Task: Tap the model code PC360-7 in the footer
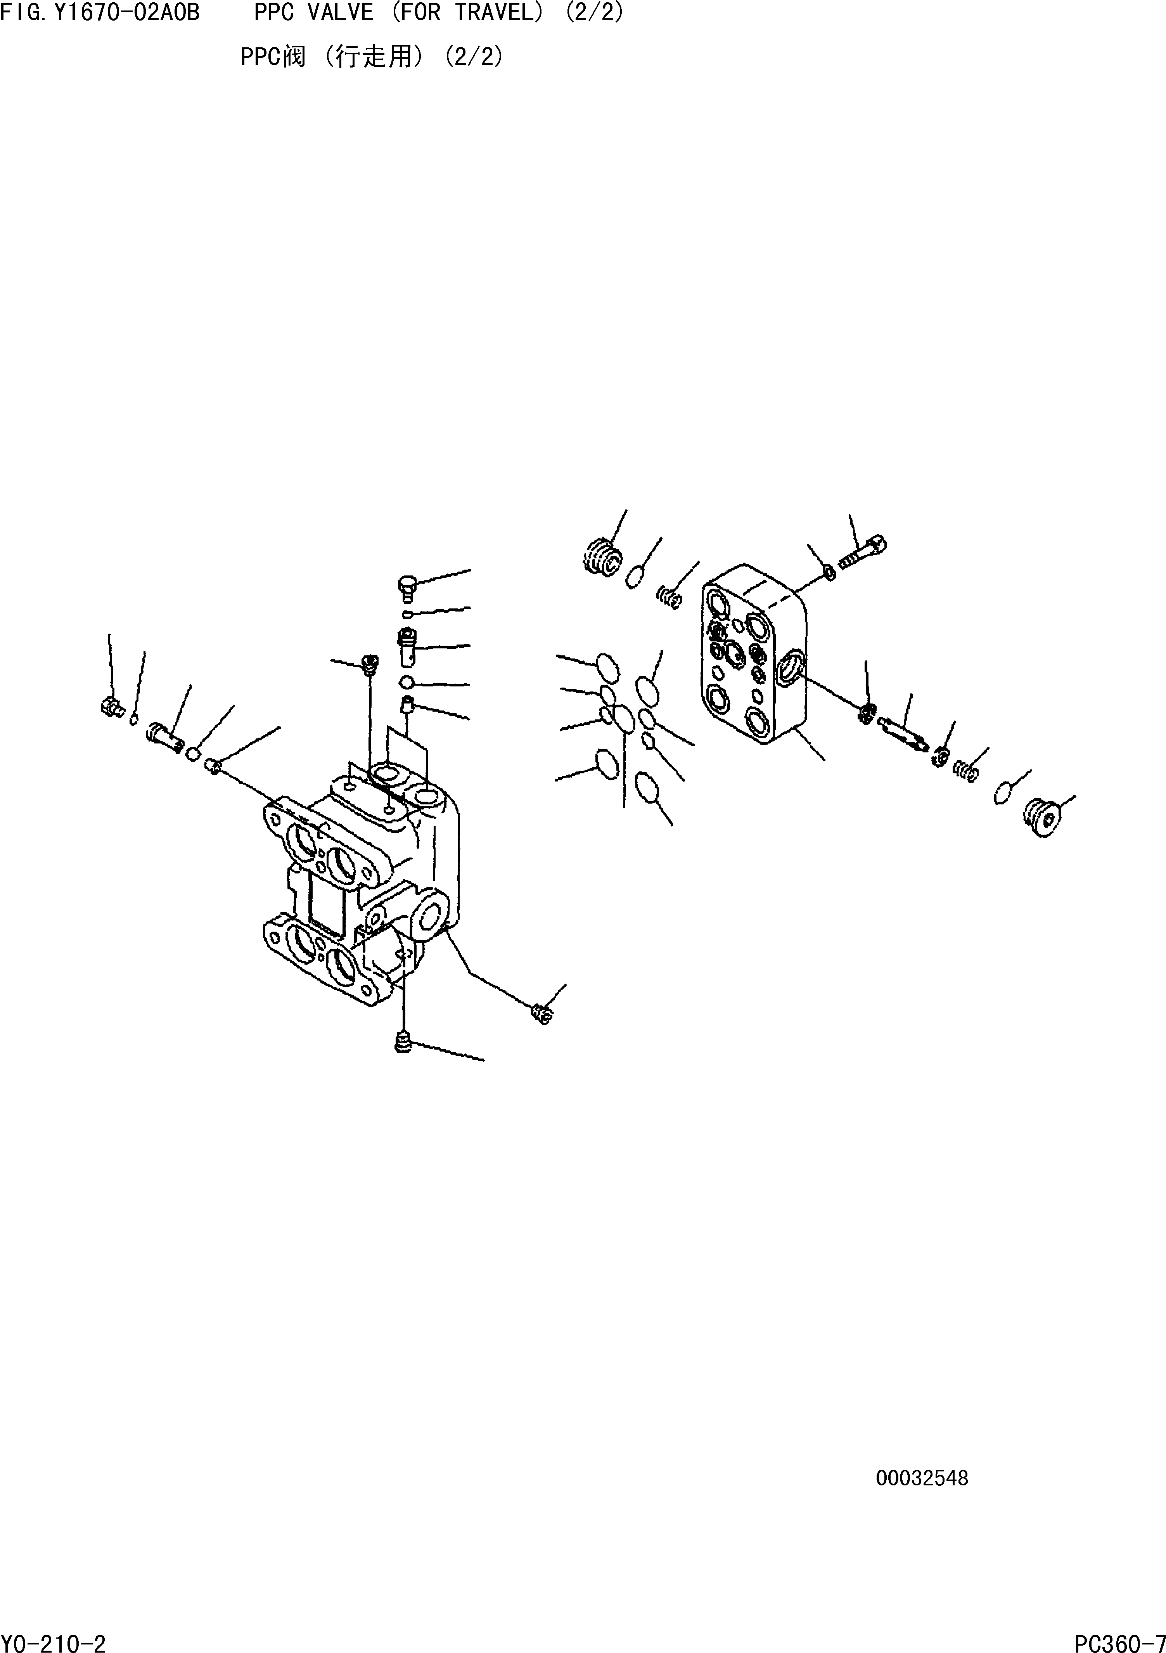[1119, 1641]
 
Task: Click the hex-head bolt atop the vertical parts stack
[407, 587]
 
